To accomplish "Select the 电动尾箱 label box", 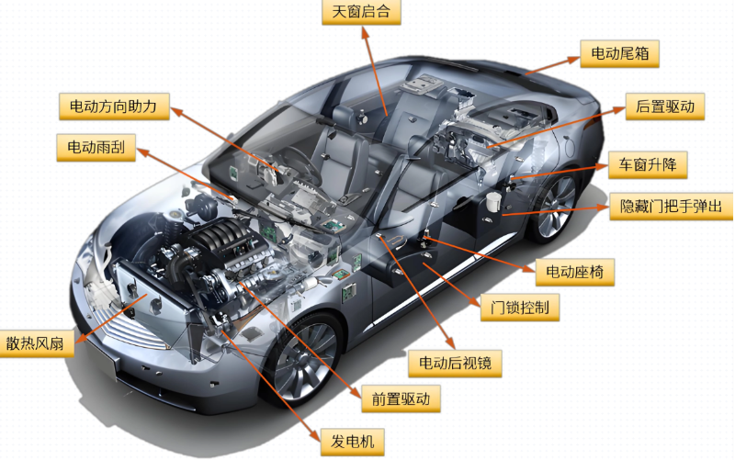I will click(620, 53).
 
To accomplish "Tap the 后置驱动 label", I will click(665, 107).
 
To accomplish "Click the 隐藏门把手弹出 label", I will click(672, 206).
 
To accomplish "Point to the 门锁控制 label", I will click(520, 308).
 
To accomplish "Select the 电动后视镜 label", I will click(456, 363).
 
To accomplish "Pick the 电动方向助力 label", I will click(114, 107).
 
